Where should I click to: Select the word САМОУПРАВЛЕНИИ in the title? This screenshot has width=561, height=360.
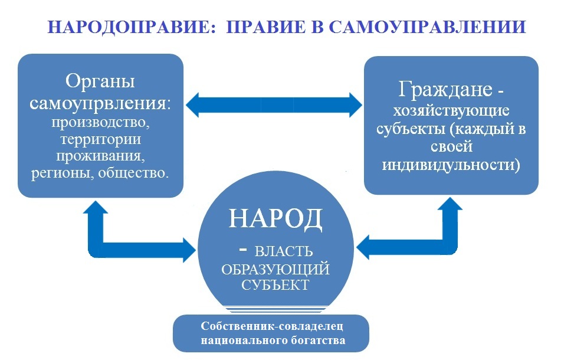[428, 27]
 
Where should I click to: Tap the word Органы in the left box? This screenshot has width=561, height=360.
[100, 82]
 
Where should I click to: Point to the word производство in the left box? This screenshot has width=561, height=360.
[101, 123]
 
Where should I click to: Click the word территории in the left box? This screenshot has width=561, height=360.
[101, 139]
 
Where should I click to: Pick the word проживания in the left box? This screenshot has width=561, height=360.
[101, 156]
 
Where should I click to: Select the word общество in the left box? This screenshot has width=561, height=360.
[133, 173]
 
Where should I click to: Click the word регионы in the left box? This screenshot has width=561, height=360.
[63, 174]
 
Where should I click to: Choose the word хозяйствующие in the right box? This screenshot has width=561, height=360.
[451, 111]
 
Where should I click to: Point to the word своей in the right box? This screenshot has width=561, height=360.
[451, 147]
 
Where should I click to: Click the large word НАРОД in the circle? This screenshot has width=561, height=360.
[275, 218]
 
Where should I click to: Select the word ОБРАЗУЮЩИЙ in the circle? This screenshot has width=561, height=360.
[275, 270]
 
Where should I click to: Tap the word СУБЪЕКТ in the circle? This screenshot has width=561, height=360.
[275, 285]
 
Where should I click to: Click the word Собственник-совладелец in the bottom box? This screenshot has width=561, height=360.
[272, 326]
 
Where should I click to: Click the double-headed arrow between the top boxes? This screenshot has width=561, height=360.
[274, 105]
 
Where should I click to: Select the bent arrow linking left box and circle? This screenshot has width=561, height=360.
[104, 247]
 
